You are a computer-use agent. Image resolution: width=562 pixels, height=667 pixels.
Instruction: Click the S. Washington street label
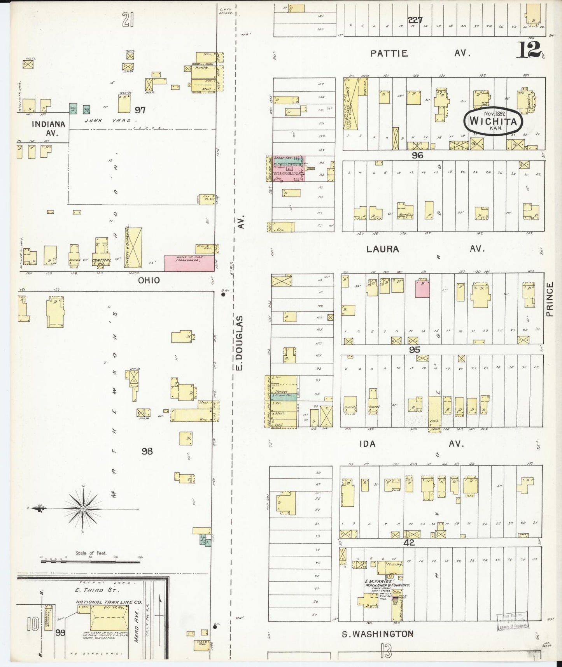coord(377,634)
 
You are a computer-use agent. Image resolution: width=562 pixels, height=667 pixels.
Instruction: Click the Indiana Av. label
coord(48,128)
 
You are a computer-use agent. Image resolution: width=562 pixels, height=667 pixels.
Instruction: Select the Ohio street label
coord(149,280)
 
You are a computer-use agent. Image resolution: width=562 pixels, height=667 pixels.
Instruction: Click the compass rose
coord(83,509)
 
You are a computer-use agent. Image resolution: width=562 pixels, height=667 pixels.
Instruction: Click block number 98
coord(147,451)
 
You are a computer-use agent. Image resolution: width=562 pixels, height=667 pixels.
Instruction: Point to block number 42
coord(409,542)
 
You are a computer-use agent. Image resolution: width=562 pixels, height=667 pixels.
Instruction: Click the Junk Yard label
coord(108,121)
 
